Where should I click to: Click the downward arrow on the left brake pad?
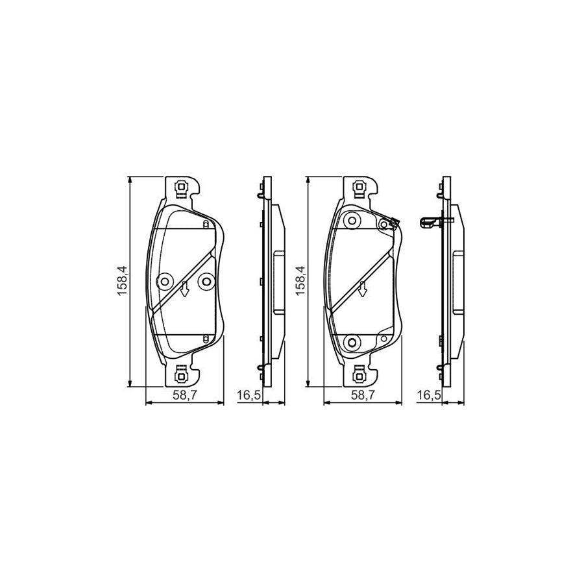pos(185,289)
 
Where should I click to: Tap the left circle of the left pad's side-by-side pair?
pos(164,281)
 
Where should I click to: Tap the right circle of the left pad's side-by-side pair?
pos(206,281)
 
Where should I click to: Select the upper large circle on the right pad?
pos(352,221)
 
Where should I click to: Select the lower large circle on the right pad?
pos(352,342)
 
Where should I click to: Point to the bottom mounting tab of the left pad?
pos(182,374)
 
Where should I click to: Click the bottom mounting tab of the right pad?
pos(358,374)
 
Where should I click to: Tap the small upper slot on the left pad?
pos(206,225)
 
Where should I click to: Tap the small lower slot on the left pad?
pos(206,337)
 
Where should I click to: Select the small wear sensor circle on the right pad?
pos(384,225)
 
